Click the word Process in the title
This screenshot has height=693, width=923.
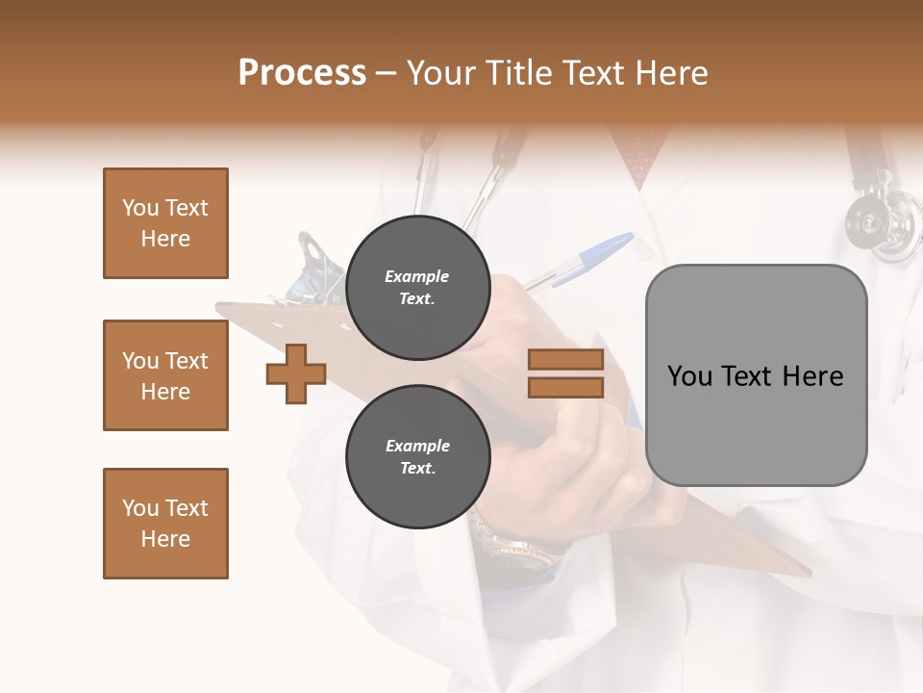click(302, 73)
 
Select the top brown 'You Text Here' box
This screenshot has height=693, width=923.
click(165, 223)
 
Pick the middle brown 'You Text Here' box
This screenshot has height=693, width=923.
click(165, 375)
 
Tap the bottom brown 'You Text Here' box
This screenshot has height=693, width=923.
click(165, 524)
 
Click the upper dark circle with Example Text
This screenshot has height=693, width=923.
click(417, 288)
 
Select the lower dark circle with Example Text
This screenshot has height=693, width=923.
click(417, 457)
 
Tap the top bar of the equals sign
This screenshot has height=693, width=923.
click(565, 360)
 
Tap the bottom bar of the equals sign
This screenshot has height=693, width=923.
click(565, 387)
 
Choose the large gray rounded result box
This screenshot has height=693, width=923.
click(756, 375)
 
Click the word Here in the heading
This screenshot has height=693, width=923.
click(669, 73)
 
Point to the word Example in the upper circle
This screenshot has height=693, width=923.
click(417, 276)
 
